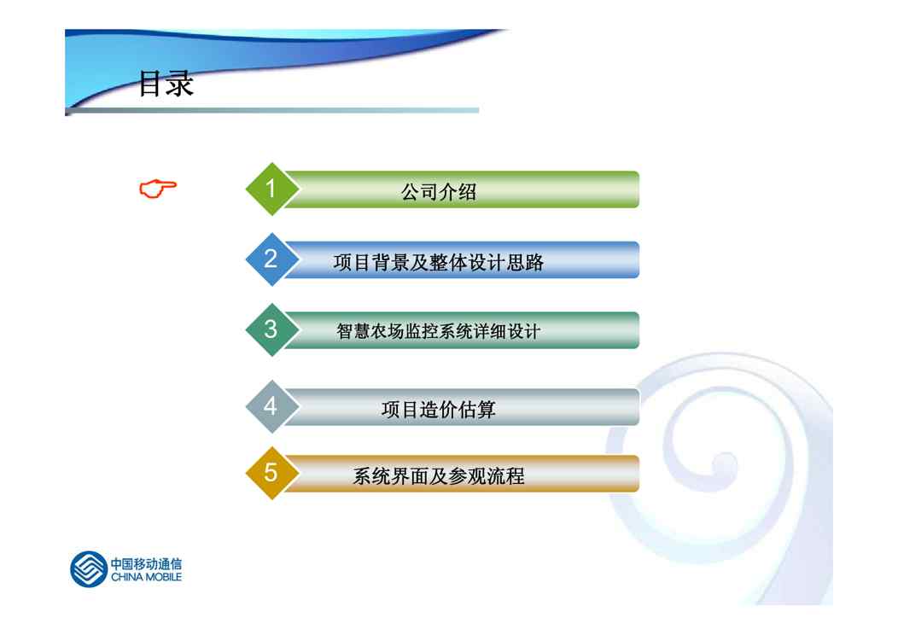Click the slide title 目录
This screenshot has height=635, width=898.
166,84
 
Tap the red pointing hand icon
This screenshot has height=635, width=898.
158,189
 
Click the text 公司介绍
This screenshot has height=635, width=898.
439,192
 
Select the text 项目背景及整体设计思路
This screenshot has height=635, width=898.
439,262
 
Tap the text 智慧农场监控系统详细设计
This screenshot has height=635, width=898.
439,331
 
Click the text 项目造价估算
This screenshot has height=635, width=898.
439,410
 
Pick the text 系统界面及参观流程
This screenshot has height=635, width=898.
439,475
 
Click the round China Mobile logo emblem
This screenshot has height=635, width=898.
88,569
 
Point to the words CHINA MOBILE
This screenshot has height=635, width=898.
146,577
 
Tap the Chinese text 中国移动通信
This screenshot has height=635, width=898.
146,563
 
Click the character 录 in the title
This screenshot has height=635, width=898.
180,84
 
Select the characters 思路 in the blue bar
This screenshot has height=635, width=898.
525,262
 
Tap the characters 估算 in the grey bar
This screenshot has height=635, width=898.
477,410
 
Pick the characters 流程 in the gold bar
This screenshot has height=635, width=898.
505,475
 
